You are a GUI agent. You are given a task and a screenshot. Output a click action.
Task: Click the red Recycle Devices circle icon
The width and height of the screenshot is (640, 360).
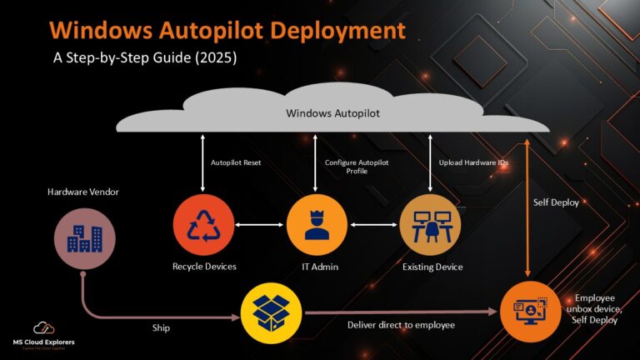(203, 226)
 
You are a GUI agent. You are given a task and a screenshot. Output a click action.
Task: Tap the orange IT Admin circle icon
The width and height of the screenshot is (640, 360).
(317, 226)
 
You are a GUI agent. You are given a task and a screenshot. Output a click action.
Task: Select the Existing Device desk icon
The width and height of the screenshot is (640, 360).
(431, 226)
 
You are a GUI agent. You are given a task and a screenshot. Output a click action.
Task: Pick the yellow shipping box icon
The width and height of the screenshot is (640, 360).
(272, 313)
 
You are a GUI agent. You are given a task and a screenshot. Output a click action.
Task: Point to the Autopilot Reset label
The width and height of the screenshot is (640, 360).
(236, 162)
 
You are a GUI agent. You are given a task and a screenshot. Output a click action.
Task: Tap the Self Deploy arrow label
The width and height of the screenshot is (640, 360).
(556, 202)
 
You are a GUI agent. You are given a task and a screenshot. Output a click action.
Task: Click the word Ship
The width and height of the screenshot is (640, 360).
(162, 327)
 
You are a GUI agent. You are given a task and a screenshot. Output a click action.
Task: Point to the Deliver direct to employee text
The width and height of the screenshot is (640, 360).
(401, 325)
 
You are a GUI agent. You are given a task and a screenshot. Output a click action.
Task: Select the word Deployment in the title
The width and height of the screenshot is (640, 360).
(328, 31)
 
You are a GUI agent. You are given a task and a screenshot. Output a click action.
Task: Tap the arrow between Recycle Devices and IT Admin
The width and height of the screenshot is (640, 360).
(260, 225)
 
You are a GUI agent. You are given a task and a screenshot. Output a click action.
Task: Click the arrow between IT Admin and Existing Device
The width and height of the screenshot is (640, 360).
(373, 225)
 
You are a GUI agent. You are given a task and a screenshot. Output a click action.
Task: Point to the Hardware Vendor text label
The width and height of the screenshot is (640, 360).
(82, 192)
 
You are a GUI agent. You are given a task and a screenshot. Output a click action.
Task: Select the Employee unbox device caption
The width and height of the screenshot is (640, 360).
(597, 308)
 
